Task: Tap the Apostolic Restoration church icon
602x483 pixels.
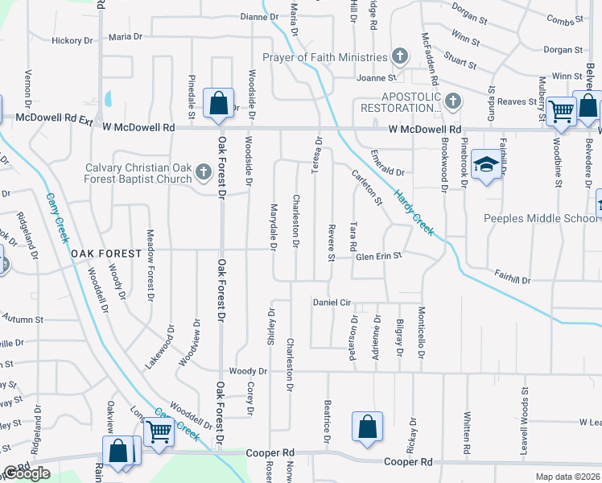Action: (452, 101)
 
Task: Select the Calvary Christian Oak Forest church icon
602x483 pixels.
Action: (204, 172)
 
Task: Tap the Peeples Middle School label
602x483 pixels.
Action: (540, 218)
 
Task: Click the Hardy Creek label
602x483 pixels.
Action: (414, 213)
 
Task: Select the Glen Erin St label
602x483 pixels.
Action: (379, 256)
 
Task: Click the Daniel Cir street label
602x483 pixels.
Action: (332, 302)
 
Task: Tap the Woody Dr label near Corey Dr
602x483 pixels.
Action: (247, 371)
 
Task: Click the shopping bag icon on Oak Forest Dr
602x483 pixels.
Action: (218, 104)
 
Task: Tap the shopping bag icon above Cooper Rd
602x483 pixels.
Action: (367, 427)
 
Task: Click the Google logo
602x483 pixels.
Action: (27, 473)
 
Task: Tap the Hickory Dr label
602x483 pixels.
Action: (72, 40)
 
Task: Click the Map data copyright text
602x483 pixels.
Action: (568, 477)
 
